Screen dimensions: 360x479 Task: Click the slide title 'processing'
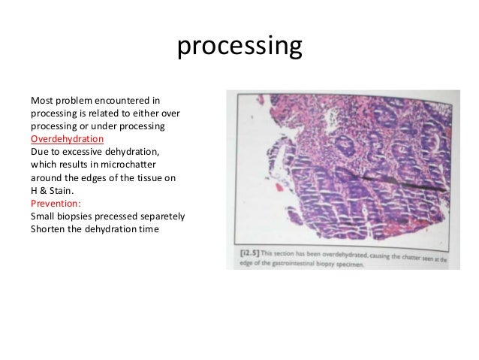[x=239, y=47]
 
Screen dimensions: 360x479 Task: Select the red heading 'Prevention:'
[x=56, y=204]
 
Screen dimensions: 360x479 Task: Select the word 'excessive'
[x=82, y=152]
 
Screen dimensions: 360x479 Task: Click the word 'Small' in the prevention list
[x=43, y=216]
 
